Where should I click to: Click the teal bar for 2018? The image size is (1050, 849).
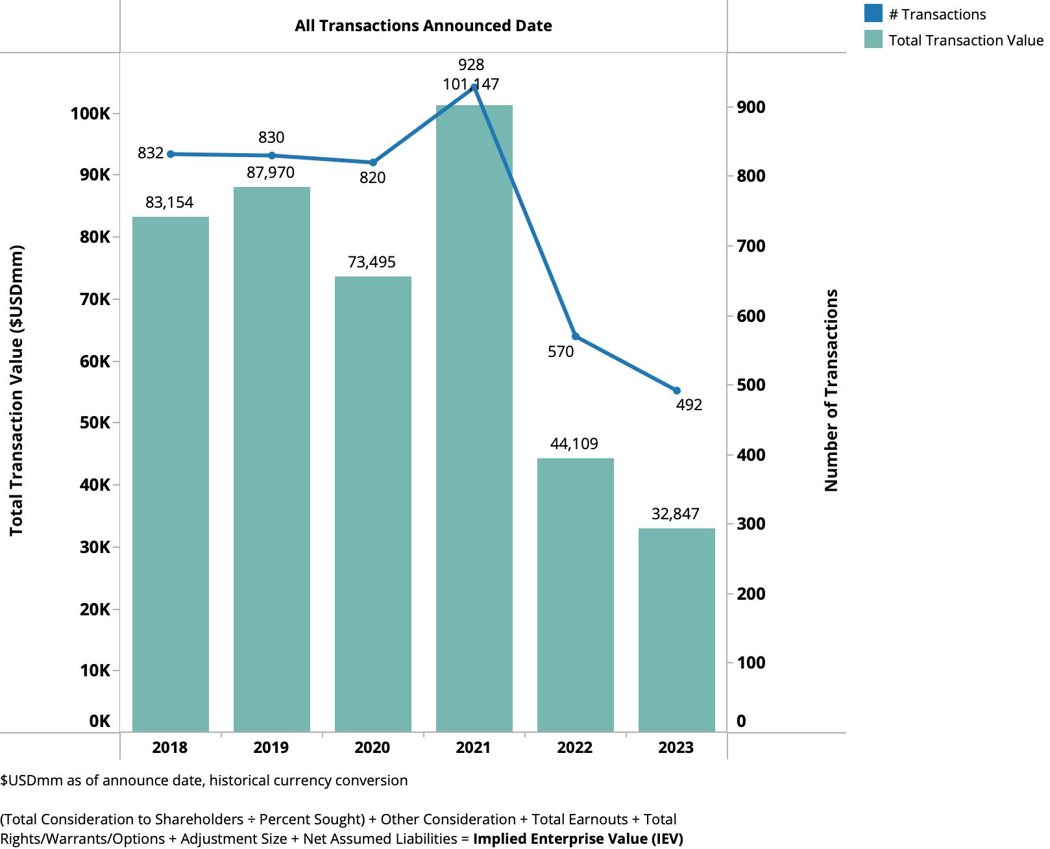171,474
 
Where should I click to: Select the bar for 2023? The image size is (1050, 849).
677,630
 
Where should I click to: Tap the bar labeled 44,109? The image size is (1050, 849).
576,595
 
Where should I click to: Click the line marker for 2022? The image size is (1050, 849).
576,336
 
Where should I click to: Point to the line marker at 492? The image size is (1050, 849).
677,391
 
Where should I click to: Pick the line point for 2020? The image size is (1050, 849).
373,162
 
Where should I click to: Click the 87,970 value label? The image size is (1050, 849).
271,173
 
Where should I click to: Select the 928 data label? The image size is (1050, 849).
471,65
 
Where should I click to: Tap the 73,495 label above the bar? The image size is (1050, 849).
372,262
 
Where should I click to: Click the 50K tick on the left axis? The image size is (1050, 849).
95,423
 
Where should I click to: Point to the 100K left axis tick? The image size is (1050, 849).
91,114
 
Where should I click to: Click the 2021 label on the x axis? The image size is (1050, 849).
473,748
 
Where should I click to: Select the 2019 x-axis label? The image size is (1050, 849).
271,748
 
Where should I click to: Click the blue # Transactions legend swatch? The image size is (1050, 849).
873,14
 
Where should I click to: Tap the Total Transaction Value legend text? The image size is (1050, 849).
966,40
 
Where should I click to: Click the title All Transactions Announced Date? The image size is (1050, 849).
423,26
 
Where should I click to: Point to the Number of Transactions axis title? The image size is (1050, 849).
831,390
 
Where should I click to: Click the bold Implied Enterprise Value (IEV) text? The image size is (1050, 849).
578,839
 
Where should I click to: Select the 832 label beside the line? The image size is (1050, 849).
151,153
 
